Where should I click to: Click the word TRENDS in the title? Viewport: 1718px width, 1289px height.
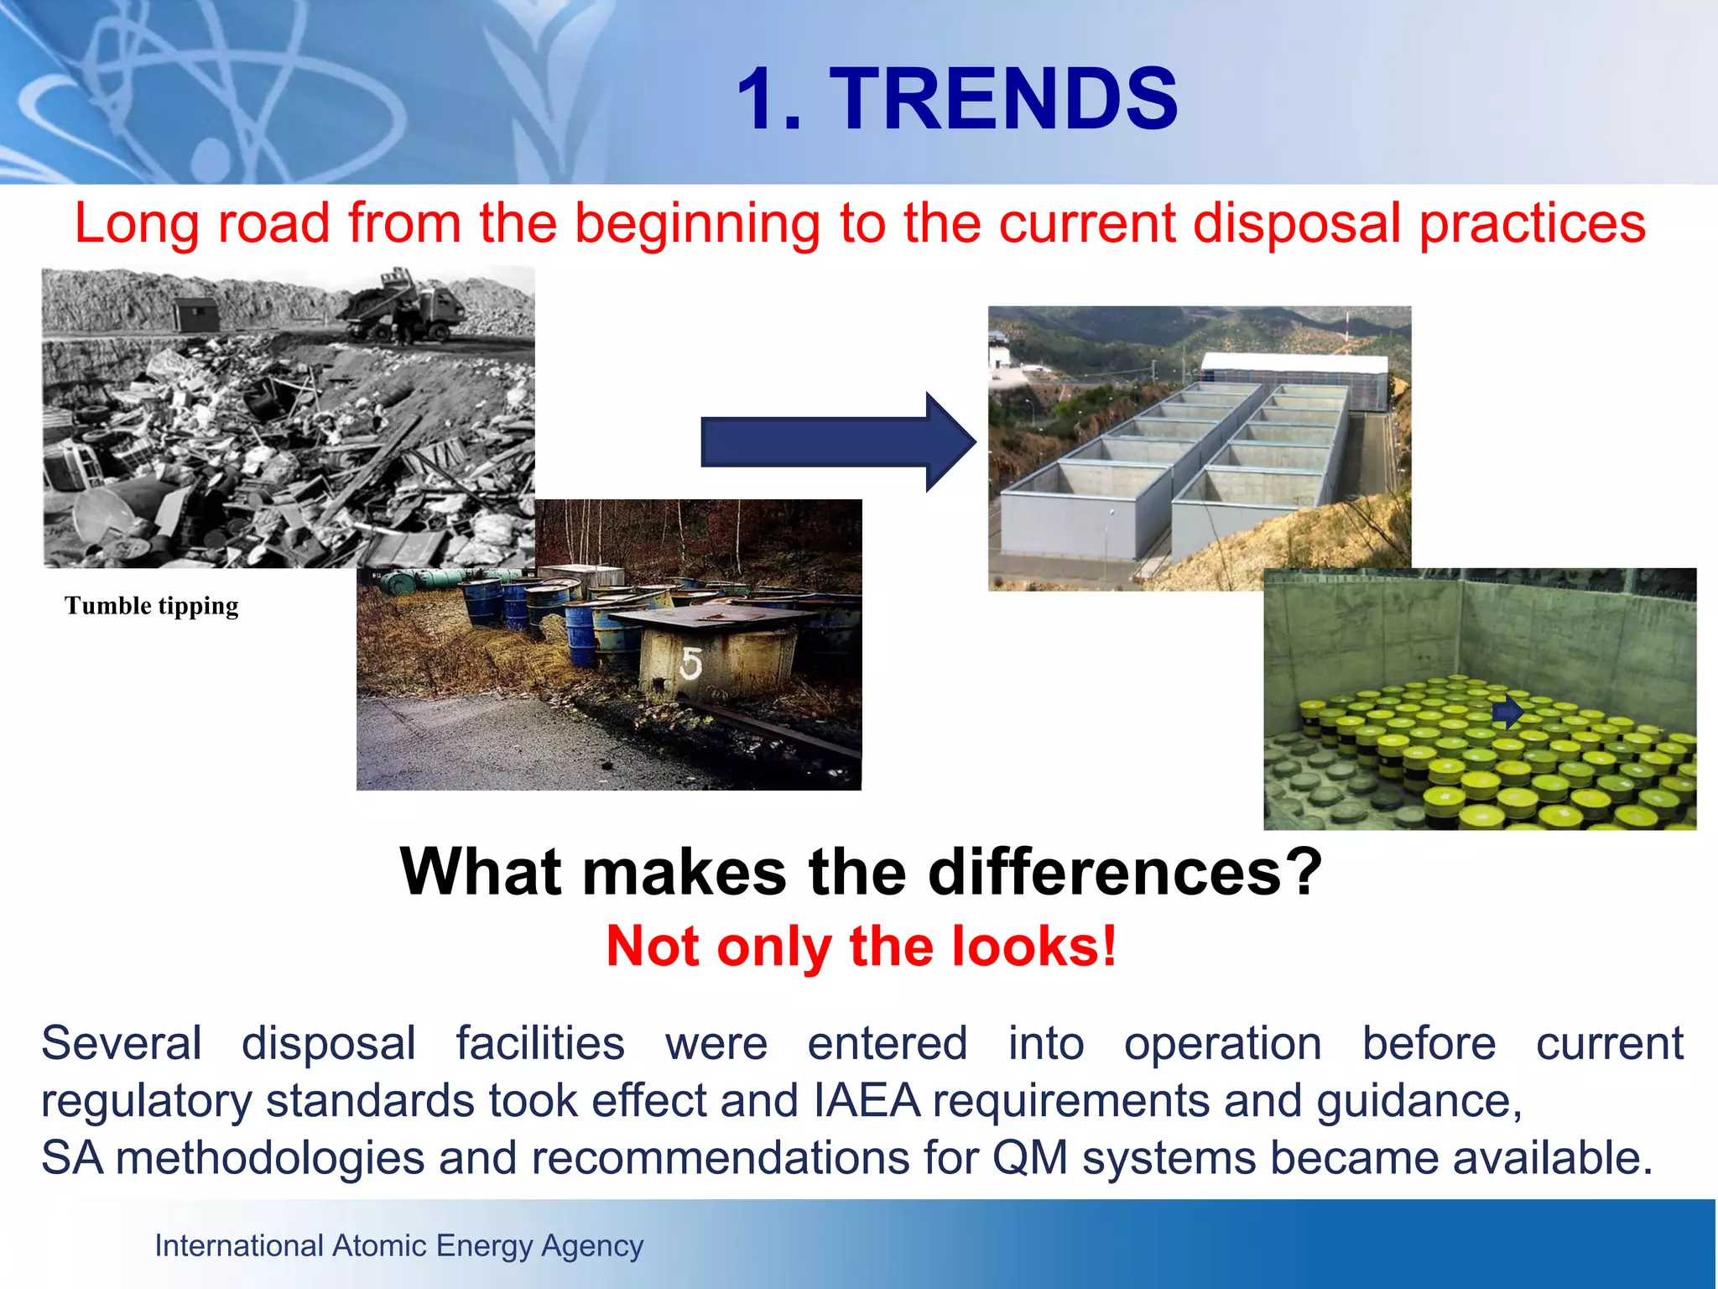click(x=1003, y=99)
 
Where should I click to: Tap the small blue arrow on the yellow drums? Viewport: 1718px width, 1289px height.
click(x=1507, y=713)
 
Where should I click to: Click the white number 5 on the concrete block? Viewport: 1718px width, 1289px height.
click(x=690, y=665)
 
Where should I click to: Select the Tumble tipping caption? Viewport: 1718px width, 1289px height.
click(x=152, y=606)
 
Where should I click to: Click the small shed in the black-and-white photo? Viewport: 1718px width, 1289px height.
click(x=195, y=315)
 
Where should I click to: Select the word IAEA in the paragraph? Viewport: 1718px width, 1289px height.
click(x=867, y=1100)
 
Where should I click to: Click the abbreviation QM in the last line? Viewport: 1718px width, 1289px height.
click(x=1030, y=1158)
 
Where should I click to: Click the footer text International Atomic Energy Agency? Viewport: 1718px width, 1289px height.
click(x=398, y=1246)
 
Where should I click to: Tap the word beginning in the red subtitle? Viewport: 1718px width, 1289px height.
click(x=696, y=224)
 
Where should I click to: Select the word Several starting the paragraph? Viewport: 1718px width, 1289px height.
click(x=122, y=1043)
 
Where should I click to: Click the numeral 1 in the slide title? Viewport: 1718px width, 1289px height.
click(x=759, y=99)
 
